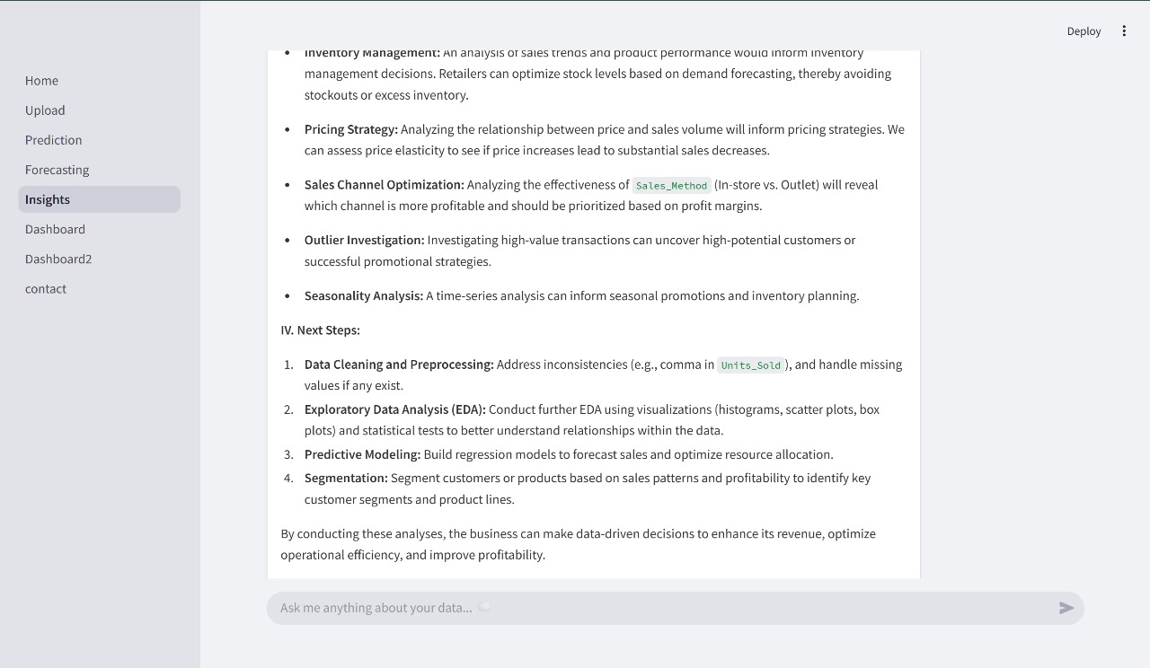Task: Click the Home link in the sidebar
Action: click(41, 81)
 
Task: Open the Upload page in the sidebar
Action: click(45, 110)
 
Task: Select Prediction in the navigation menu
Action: click(53, 140)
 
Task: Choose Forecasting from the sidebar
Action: click(57, 170)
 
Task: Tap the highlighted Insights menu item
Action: click(48, 199)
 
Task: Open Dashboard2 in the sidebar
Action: click(58, 259)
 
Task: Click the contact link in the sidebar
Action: click(46, 288)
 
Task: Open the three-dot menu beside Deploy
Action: click(1124, 31)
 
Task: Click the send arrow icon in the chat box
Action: click(1066, 608)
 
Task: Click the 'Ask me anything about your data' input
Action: click(629, 608)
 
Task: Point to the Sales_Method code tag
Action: click(671, 186)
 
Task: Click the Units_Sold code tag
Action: click(750, 365)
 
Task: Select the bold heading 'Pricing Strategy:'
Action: click(350, 129)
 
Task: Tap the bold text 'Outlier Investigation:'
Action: click(364, 240)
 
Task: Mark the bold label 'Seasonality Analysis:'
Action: click(363, 295)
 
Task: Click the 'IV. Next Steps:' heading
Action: click(320, 330)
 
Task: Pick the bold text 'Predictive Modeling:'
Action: click(362, 454)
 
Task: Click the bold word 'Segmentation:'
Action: click(346, 478)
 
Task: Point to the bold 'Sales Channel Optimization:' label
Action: click(384, 184)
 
